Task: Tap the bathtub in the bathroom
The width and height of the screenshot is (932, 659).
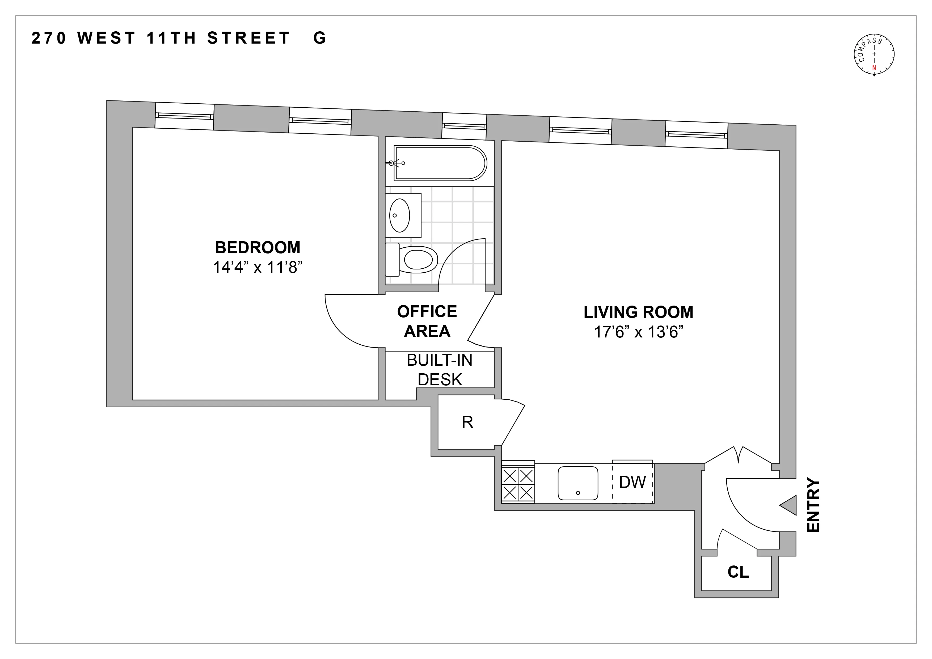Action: point(440,163)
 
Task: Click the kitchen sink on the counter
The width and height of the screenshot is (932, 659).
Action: point(578,483)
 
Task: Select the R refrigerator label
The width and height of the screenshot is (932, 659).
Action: point(467,423)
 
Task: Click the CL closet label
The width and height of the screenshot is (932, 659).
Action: point(737,572)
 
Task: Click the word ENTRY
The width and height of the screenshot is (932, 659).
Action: point(813,505)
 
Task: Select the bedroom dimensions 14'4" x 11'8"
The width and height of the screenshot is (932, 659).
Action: point(258,267)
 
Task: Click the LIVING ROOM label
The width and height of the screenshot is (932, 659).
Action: point(638,312)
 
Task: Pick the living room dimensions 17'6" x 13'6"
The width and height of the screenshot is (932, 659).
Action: point(638,332)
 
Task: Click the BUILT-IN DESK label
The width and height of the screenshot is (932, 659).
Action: point(440,370)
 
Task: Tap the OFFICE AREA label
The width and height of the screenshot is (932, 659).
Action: point(427,321)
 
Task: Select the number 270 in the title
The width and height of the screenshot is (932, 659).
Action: point(49,38)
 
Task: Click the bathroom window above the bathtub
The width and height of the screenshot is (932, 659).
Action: point(464,126)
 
